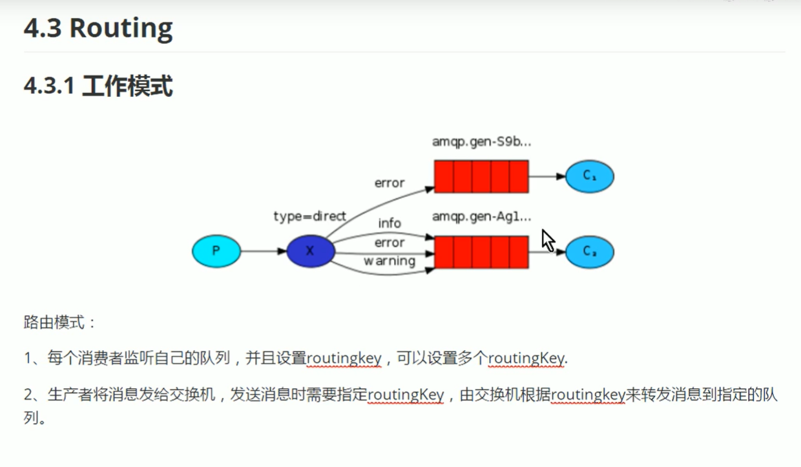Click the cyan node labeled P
tap(216, 251)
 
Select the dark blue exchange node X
tap(310, 251)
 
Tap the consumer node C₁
tap(589, 176)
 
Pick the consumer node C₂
tap(589, 252)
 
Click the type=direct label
tap(309, 216)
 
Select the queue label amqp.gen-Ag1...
tap(481, 217)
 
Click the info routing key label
tap(390, 223)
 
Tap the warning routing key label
tap(389, 261)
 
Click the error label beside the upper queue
tap(390, 183)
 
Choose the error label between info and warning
tap(390, 243)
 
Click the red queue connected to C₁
tap(481, 176)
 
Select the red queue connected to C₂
tap(481, 252)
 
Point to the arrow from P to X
tap(264, 251)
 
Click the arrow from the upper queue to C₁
tap(546, 176)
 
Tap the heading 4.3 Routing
tap(98, 28)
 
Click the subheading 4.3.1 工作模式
tap(98, 86)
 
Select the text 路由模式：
tap(59, 323)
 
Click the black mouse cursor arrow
tap(548, 240)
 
